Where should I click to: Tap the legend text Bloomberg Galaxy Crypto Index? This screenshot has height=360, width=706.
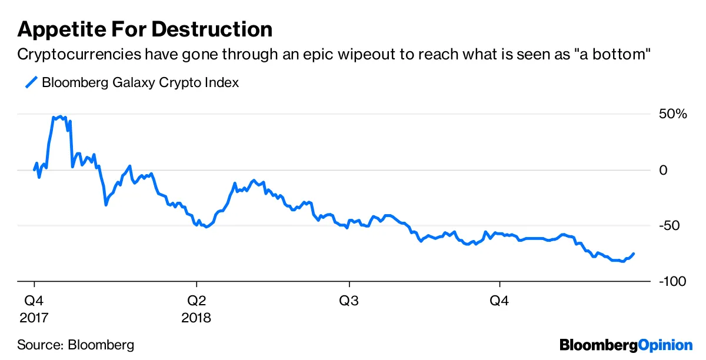coord(140,82)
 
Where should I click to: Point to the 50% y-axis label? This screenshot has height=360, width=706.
coord(672,114)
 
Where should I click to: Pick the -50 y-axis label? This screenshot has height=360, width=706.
coord(670,226)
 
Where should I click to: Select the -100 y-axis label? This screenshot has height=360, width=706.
coord(672,282)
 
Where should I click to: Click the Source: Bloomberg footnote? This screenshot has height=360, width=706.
coord(76,344)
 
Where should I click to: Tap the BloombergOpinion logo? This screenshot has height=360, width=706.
coord(626,344)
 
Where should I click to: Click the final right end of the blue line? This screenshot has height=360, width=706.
coord(634,254)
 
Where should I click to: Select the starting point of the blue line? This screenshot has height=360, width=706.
coord(34,169)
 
